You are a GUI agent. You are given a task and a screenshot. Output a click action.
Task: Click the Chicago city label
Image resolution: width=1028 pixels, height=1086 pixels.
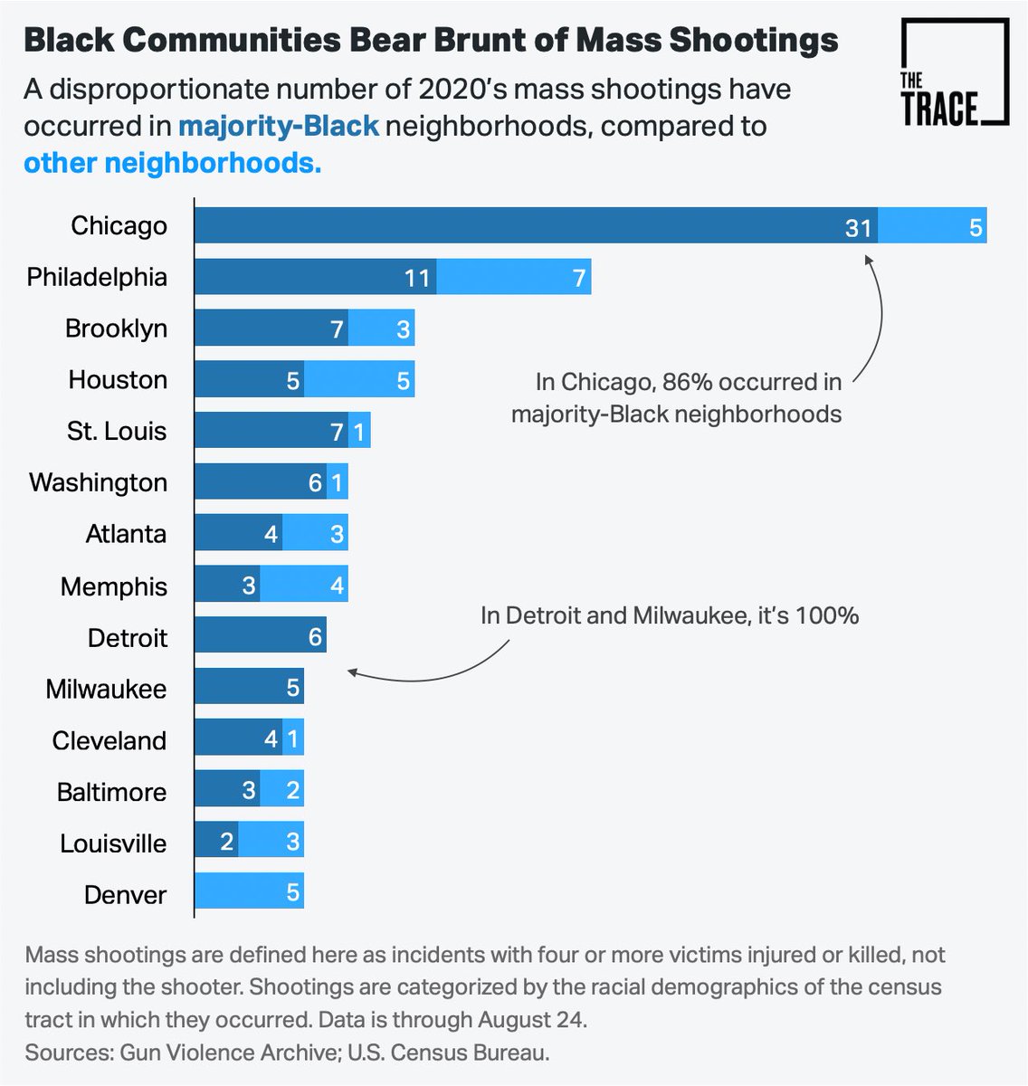(x=119, y=226)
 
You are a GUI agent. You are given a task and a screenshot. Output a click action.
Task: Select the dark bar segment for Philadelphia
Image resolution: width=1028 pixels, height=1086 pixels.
(x=316, y=276)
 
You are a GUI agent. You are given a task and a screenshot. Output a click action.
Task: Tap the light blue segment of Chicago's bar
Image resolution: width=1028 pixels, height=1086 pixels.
(x=932, y=224)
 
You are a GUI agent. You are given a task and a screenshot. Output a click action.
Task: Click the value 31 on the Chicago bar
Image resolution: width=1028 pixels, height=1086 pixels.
(x=858, y=227)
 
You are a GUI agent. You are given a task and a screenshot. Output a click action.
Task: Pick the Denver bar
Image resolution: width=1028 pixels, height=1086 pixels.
(x=249, y=890)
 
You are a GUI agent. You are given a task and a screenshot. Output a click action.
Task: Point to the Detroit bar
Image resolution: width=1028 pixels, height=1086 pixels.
(x=261, y=634)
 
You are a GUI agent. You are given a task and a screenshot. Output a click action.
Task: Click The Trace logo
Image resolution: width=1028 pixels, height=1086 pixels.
(x=955, y=71)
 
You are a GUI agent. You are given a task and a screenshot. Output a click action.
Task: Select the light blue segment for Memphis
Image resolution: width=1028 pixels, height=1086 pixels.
(x=304, y=583)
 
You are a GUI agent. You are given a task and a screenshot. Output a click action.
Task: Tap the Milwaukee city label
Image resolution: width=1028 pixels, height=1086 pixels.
(x=106, y=689)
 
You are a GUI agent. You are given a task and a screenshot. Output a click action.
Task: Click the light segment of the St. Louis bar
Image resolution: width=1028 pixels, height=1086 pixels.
(x=359, y=430)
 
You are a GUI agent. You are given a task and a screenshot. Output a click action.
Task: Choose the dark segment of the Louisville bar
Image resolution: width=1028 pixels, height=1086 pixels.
(x=216, y=839)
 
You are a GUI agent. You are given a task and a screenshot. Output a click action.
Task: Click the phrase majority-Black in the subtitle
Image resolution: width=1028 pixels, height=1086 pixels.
(x=279, y=127)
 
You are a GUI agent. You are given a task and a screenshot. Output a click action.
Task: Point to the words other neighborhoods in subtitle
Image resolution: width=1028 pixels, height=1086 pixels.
(x=172, y=163)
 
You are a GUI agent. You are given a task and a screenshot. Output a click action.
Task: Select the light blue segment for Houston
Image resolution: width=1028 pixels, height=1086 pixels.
(x=359, y=378)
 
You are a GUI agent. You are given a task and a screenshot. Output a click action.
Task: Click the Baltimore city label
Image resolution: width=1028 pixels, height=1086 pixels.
(x=111, y=792)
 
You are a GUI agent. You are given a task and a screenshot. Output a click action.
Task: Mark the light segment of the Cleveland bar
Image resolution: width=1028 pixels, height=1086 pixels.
(x=293, y=737)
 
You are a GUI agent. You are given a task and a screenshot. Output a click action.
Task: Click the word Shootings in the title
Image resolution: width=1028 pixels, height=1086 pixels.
(x=754, y=41)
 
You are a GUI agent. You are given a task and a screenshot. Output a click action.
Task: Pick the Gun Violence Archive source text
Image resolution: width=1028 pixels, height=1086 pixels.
(x=228, y=1052)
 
